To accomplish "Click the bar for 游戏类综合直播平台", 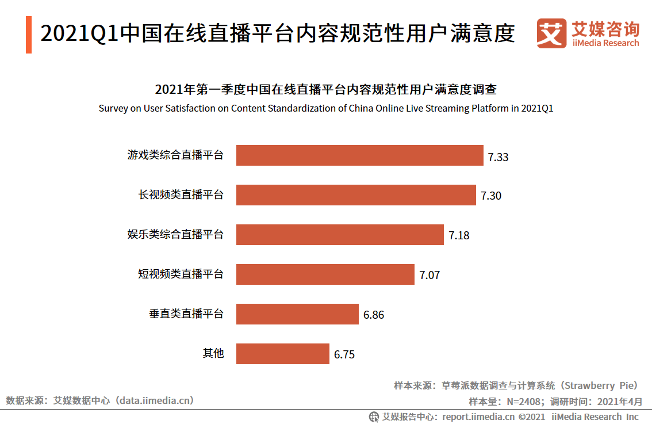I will pos(359,155).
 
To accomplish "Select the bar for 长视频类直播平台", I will pos(356,195).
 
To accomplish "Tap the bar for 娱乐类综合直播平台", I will pos(340,235).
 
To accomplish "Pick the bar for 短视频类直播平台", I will pos(325,274).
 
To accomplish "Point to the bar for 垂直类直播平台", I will pos(297,314).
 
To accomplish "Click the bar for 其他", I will pos(282,354).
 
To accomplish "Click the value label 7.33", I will pos(498,156).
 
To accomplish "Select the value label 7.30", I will pos(491,196).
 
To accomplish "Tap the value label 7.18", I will pos(459,236).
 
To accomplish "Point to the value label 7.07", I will pos(429,276).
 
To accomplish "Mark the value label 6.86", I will pos(374,315).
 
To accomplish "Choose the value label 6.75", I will pos(344,355).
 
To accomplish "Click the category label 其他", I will pos(213,353).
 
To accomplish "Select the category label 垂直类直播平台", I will pos(186,314).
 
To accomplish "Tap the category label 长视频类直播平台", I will pos(181,195).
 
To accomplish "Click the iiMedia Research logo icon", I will pos(551,34).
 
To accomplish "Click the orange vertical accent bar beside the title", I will pos(29,35).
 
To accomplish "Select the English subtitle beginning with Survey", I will pos(325,108).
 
